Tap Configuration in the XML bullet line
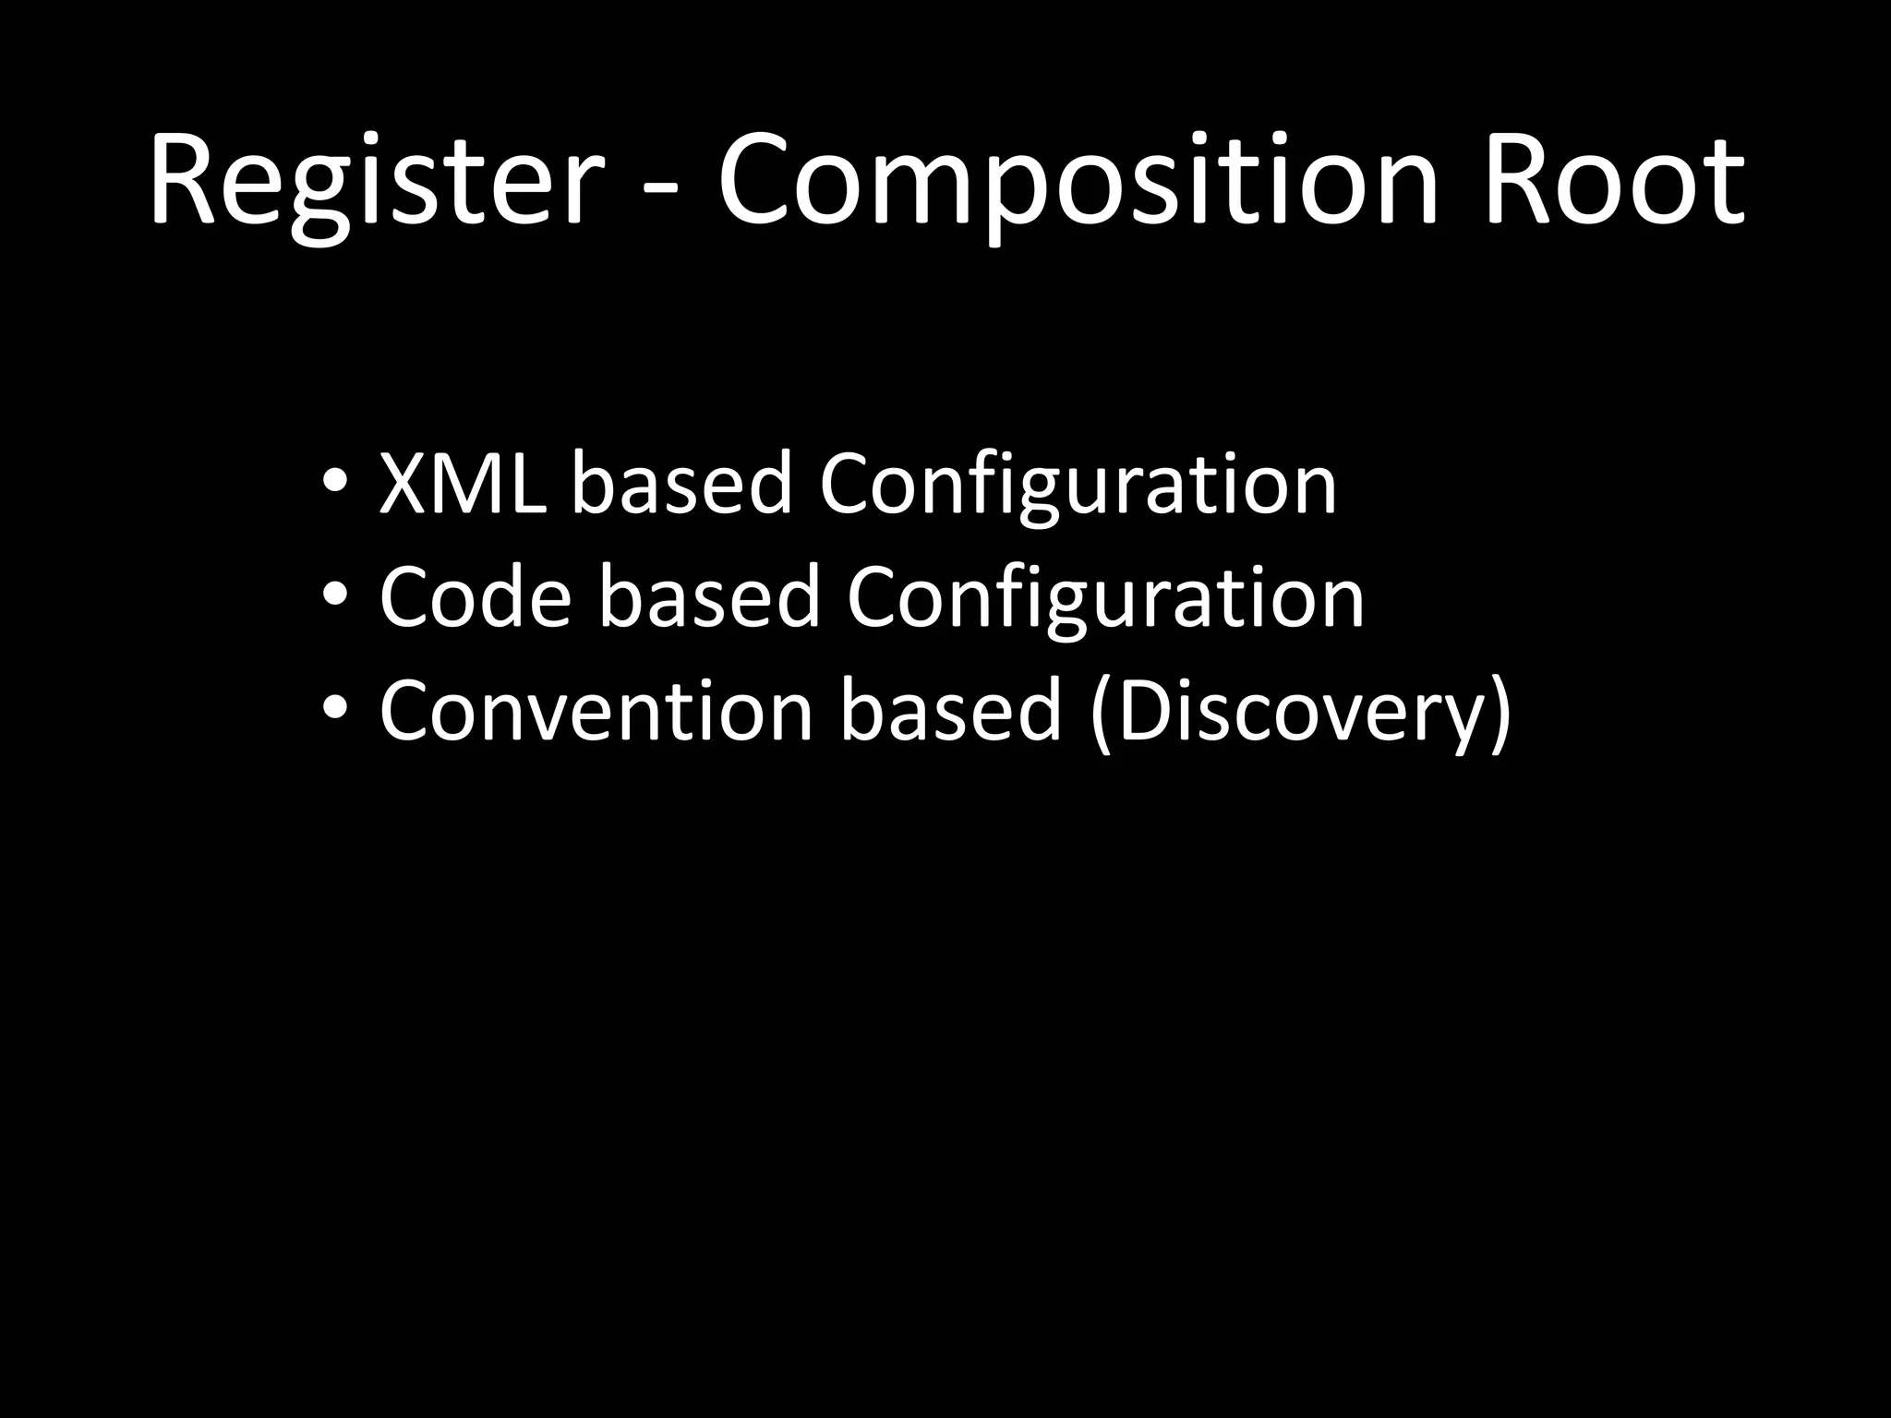[x=1078, y=486]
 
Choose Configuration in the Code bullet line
[x=1105, y=599]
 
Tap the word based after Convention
[x=951, y=711]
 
